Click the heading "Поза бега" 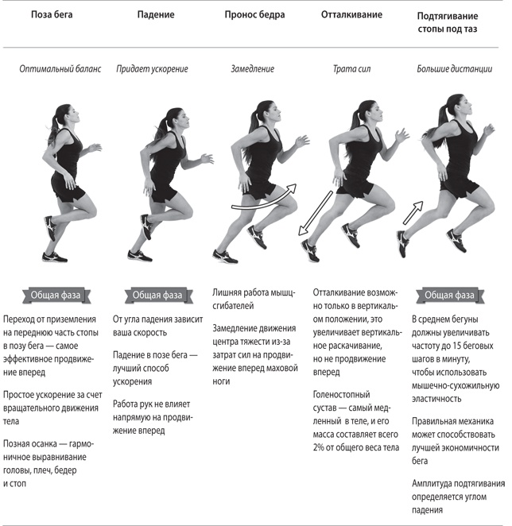52,15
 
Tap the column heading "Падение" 156,15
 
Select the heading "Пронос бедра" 254,15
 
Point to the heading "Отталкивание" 351,14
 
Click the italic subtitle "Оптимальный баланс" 60,69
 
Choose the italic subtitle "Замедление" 253,69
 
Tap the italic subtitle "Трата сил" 351,69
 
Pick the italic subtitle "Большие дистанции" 455,69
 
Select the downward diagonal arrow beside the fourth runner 316,214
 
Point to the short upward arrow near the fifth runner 413,213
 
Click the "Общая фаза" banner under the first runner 56,296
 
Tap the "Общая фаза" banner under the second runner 158,296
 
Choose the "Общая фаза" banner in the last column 450,296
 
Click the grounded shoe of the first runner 54,257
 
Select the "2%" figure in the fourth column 318,447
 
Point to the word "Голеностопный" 341,395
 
